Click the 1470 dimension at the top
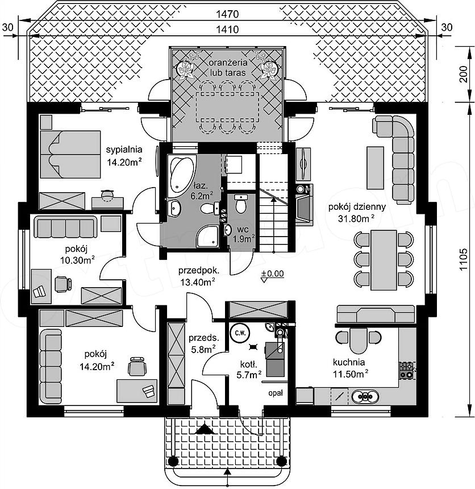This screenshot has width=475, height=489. [227, 14]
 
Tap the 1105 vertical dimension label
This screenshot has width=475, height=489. [464, 259]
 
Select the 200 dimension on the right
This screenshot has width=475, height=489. [464, 74]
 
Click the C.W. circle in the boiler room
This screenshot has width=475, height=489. [240, 333]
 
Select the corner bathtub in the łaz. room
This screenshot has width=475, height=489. [181, 176]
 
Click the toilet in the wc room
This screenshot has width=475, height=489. [240, 204]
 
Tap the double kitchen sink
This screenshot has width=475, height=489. [365, 397]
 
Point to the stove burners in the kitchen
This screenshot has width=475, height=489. [406, 370]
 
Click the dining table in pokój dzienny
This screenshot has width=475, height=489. [384, 260]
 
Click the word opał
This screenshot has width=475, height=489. [276, 393]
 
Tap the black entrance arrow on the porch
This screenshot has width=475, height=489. [205, 429]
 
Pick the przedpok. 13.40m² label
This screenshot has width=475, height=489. [198, 276]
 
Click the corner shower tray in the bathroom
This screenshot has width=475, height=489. [207, 237]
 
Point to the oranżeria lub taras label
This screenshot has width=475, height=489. [228, 67]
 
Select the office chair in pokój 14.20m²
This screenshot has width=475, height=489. [137, 366]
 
